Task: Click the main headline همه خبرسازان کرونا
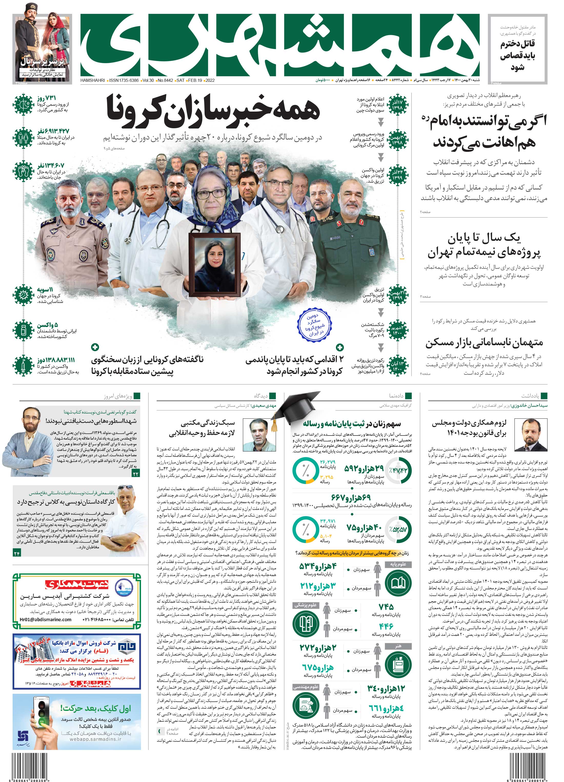coord(213,110)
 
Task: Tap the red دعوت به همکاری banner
coord(77,585)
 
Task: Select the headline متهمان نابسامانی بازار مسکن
coord(484,343)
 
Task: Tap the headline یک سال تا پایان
coord(484,238)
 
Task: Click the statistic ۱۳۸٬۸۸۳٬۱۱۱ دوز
coord(56,360)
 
